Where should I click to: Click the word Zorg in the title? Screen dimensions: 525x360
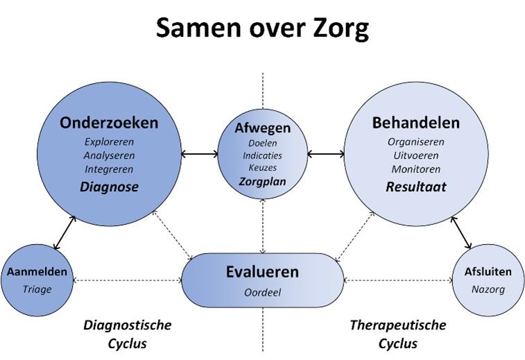coord(341,29)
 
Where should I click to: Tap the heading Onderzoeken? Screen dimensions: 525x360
coord(109,123)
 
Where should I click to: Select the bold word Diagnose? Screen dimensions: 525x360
coord(109,187)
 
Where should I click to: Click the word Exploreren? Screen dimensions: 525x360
coord(109,142)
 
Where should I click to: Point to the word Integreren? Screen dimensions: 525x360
coord(109,169)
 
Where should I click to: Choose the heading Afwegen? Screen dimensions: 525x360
coord(262,128)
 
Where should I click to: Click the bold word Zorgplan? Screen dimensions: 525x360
coord(262,182)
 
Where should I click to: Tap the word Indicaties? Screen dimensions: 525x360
coord(262,155)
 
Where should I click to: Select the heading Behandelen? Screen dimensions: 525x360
coord(416,123)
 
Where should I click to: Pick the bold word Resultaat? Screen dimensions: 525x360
coord(416,187)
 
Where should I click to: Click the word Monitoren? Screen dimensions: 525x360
coord(416,169)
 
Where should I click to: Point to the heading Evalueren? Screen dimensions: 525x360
coord(262,272)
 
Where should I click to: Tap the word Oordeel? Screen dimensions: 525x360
coord(262,292)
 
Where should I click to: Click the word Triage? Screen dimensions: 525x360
coord(37,289)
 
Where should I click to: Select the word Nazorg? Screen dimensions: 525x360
coord(488,289)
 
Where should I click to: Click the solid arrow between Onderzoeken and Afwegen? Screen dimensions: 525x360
coord(200,154)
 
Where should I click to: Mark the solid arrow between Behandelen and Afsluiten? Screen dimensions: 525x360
coord(461,233)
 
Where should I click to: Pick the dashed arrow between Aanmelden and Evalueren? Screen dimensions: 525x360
coord(127,280)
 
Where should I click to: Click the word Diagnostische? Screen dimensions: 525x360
coord(127,325)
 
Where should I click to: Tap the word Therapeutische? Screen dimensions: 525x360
coord(398,325)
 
